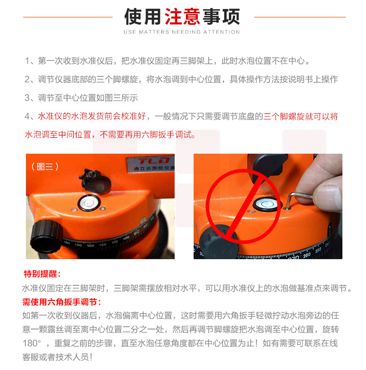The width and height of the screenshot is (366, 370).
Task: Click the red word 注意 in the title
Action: pos(183,17)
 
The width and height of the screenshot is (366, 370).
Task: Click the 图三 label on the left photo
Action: pos(45,166)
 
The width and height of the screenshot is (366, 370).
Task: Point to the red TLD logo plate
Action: pos(151,164)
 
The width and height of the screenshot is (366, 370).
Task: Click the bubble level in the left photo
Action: pos(89,203)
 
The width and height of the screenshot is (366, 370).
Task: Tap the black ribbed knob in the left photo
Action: pos(46,236)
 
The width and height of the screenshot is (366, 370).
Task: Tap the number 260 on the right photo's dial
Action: pos(307,255)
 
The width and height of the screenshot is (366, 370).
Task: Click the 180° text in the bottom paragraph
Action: pos(32,343)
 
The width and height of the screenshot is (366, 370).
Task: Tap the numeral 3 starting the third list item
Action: pos(27,98)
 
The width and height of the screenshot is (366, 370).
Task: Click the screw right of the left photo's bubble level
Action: pos(103,208)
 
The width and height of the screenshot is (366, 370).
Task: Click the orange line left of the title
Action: pos(68,17)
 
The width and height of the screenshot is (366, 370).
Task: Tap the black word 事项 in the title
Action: pos(222,17)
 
